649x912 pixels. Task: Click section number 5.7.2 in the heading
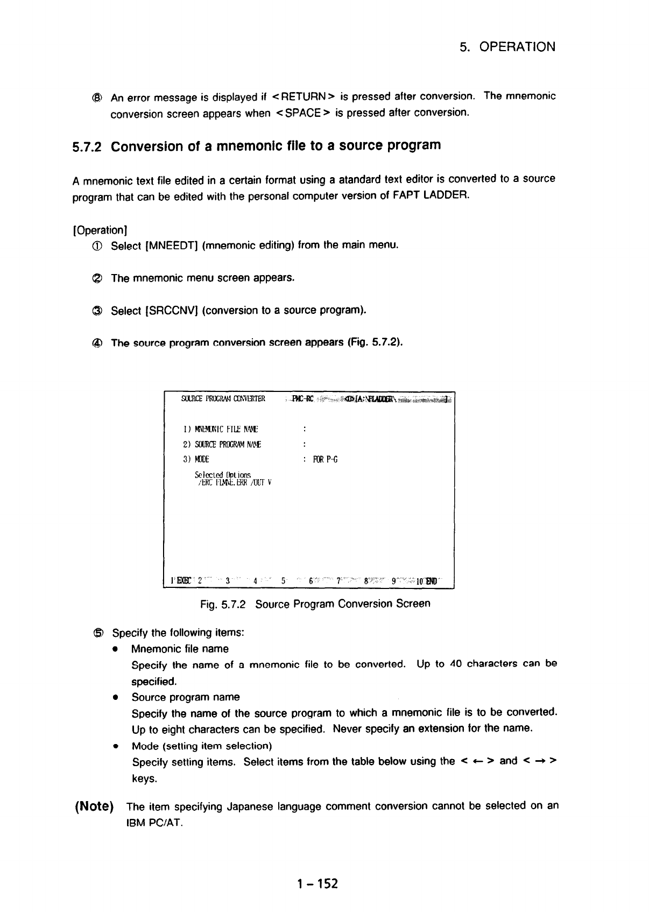89,146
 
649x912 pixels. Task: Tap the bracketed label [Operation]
98,230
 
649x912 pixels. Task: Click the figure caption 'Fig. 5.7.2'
223,604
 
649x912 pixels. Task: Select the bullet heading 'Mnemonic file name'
180,649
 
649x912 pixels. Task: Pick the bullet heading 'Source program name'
186,697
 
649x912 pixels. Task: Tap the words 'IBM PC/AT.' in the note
155,823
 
